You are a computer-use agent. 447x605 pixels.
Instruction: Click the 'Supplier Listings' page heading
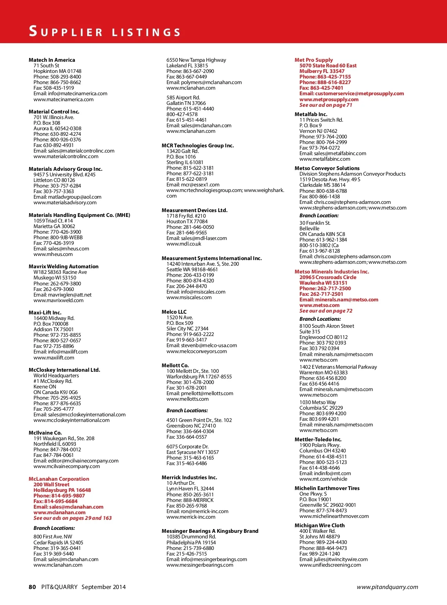click(x=105, y=32)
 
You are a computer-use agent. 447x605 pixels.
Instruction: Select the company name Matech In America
click(x=52, y=60)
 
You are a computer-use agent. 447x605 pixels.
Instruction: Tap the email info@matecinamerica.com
click(x=70, y=94)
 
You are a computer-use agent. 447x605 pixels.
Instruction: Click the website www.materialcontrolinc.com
click(x=66, y=157)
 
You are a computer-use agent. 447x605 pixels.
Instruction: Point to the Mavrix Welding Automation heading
click(x=64, y=266)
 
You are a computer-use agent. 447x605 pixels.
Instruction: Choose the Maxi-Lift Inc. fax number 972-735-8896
click(x=54, y=346)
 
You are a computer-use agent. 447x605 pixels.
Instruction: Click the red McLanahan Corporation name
click(x=59, y=479)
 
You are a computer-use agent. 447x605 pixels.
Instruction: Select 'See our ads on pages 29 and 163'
click(x=73, y=518)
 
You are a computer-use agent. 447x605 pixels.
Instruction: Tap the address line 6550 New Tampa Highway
click(x=196, y=60)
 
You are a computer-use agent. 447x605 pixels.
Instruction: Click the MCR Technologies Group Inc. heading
click(x=198, y=145)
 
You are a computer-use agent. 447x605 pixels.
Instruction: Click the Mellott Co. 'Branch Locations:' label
click(x=187, y=410)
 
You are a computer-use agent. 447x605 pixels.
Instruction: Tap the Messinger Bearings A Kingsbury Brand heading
click(x=210, y=531)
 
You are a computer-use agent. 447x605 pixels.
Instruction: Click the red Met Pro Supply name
click(x=314, y=60)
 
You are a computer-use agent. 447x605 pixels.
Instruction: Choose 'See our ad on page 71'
click(x=326, y=105)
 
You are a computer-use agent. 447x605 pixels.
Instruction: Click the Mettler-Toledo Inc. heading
click(x=318, y=439)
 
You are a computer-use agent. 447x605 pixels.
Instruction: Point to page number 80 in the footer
click(x=32, y=587)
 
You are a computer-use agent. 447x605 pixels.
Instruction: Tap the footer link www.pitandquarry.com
click(x=387, y=587)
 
